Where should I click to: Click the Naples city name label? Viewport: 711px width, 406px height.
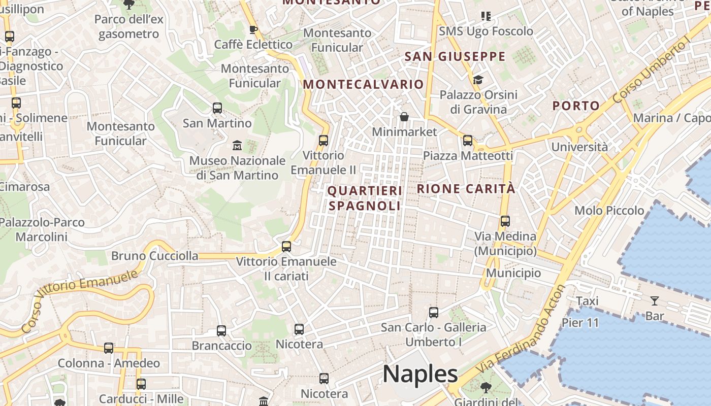[421, 374]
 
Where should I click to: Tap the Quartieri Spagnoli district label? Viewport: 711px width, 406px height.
[365, 198]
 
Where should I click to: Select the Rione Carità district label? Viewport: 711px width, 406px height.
[466, 189]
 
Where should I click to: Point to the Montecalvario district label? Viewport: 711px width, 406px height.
[363, 84]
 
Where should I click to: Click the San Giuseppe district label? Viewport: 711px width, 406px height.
[455, 56]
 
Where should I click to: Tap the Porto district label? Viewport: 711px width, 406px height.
[576, 106]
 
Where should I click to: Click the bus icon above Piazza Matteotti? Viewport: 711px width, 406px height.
[467, 141]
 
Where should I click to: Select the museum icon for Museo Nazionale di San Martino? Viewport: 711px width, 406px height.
[237, 146]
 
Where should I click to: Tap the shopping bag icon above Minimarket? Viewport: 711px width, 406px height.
[404, 117]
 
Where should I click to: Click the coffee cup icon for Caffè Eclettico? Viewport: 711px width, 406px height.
[253, 30]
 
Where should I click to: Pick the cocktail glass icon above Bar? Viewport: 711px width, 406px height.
[654, 301]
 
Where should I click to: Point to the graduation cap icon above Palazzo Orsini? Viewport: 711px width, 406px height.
[478, 80]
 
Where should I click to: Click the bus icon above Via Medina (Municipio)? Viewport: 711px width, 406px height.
[505, 221]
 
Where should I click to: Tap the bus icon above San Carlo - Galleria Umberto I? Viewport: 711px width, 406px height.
[433, 313]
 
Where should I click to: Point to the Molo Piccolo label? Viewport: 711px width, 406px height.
[609, 210]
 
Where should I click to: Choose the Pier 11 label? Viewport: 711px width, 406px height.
[580, 323]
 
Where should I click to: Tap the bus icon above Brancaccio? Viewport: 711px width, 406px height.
[221, 331]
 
